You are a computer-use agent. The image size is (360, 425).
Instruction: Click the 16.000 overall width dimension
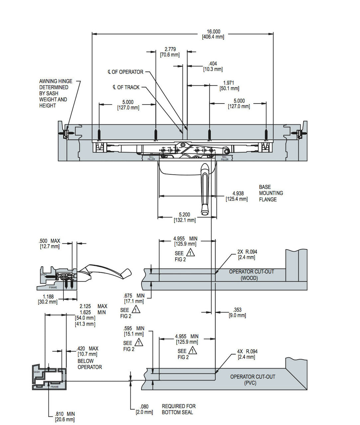213,34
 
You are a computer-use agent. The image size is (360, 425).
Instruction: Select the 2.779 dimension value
170,52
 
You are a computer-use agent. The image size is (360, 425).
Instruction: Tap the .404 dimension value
213,66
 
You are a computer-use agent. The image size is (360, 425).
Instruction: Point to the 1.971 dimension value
229,85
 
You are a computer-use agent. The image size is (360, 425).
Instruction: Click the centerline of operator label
125,72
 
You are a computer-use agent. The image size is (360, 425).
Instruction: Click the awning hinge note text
56,93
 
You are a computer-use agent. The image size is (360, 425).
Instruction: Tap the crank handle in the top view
204,189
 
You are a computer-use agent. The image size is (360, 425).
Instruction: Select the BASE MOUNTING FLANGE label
271,193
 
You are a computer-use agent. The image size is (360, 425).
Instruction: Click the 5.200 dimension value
184,217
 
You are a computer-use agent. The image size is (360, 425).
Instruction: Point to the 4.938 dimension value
237,196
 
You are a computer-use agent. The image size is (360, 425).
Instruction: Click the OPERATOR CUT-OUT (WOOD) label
251,275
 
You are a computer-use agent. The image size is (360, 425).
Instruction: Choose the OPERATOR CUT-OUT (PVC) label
253,380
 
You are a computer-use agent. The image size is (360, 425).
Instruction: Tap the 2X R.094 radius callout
247,254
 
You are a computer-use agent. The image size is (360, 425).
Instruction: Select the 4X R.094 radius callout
247,354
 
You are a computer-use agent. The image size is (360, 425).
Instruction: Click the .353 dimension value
237,312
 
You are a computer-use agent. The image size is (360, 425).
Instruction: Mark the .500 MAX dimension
50,243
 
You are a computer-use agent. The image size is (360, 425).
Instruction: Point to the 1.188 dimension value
48,299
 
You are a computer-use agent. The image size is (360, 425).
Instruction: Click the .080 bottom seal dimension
144,409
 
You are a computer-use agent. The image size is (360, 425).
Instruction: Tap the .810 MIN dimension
65,416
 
